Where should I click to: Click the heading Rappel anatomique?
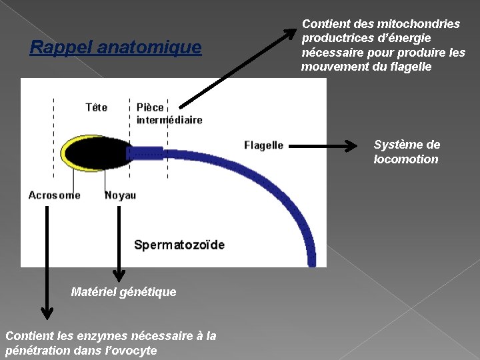(x=115, y=48)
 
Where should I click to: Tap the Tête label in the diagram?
(x=97, y=107)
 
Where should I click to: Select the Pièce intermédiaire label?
(x=169, y=113)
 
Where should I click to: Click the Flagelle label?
(x=263, y=145)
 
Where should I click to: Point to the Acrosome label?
(x=54, y=195)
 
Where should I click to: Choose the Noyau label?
(x=120, y=195)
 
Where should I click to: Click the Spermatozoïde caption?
(x=179, y=245)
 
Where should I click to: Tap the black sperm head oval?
(x=98, y=153)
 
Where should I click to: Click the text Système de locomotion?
(x=407, y=152)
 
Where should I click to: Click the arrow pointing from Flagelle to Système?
(x=325, y=145)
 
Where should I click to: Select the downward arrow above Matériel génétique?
(x=119, y=243)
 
